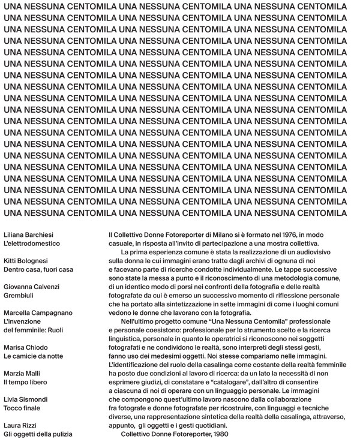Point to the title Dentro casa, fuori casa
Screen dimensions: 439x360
[x=38, y=270]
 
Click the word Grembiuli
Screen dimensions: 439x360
[x=19, y=296]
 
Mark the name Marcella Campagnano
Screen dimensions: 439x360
[x=38, y=313]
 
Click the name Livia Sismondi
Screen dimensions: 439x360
[x=25, y=399]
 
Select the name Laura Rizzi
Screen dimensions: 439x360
[x=20, y=425]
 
